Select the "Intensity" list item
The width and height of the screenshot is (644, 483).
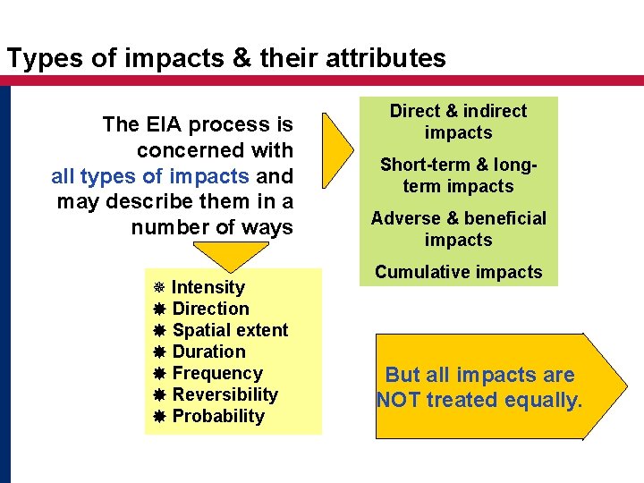click(x=208, y=287)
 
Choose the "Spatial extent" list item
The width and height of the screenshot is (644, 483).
click(x=230, y=330)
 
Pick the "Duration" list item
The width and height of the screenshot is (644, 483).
click(x=208, y=352)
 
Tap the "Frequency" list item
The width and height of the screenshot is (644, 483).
click(x=217, y=373)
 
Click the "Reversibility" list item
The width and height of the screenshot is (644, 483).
click(x=225, y=394)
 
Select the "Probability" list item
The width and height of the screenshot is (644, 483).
click(x=218, y=416)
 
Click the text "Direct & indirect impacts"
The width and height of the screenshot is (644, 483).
click(x=458, y=122)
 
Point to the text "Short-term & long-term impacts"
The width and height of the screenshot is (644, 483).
click(x=458, y=175)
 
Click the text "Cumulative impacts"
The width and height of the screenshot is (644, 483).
click(x=458, y=272)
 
